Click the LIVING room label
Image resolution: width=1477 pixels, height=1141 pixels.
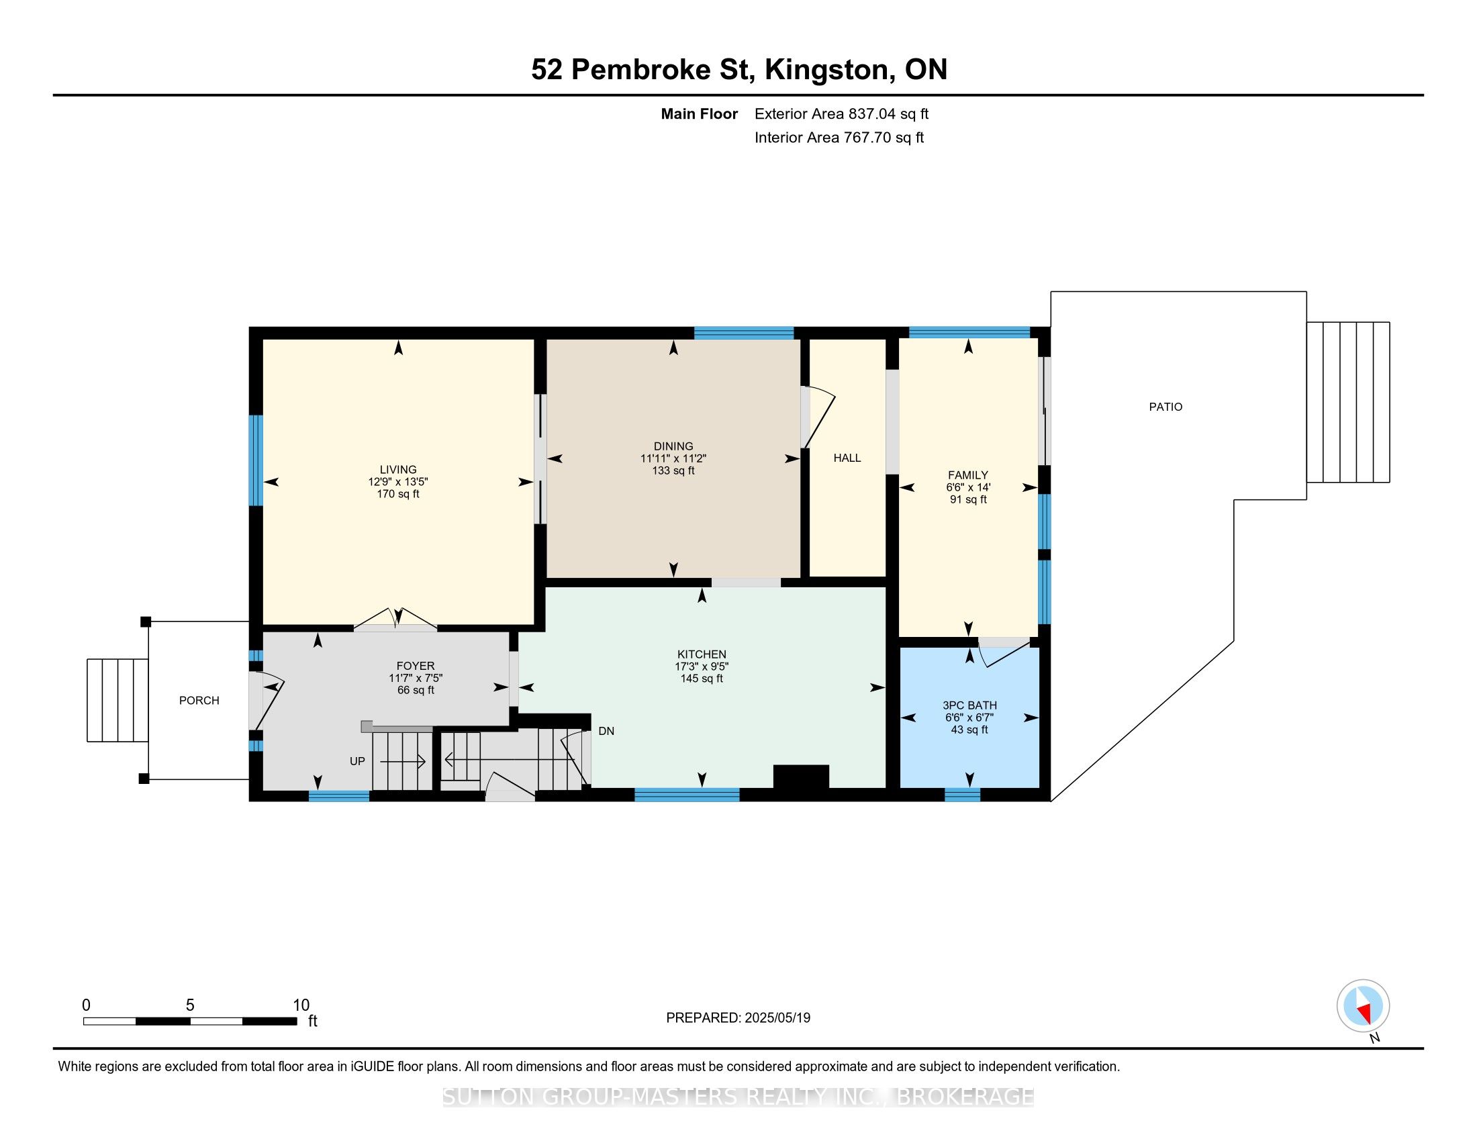(397, 469)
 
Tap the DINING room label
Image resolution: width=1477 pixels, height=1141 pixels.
(673, 446)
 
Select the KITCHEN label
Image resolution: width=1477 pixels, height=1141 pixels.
(702, 654)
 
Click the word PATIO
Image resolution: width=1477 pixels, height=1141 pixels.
(1165, 407)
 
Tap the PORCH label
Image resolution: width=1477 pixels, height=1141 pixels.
(199, 700)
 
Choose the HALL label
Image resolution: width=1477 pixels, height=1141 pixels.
(847, 458)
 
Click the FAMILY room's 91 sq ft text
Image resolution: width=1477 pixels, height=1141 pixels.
(967, 499)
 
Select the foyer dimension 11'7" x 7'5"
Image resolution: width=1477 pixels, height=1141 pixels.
(415, 678)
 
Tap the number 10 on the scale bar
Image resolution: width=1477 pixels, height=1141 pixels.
(301, 1005)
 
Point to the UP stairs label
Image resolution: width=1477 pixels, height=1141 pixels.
(357, 761)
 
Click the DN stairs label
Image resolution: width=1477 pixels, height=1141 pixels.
(606, 731)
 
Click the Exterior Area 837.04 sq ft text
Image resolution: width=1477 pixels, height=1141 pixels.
(841, 113)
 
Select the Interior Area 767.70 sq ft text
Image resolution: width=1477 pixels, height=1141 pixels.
(839, 137)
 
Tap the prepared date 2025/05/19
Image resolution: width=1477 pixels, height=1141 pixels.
(777, 1018)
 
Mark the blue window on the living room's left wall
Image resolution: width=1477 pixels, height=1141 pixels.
(256, 460)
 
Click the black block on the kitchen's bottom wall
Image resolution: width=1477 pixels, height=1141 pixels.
(801, 777)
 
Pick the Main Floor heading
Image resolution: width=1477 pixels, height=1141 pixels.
(699, 113)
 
